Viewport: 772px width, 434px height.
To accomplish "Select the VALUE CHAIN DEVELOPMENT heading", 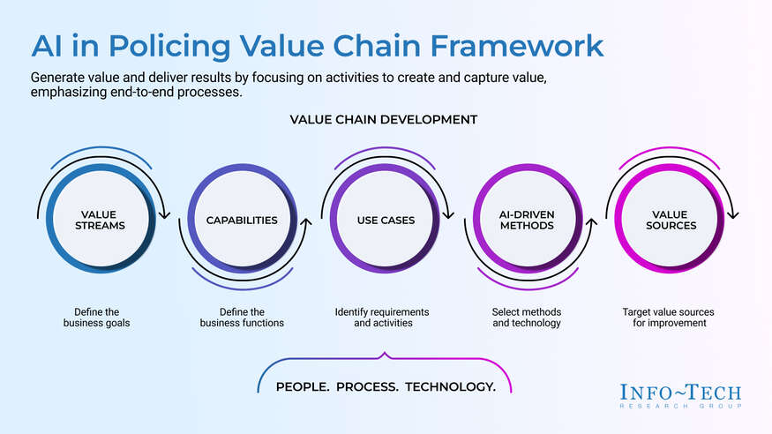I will pos(384,119).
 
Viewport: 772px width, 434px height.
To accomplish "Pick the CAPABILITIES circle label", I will pos(243,220).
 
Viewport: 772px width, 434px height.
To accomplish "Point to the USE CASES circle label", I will pos(386,220).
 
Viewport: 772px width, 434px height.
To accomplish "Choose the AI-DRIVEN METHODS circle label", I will pos(526,220).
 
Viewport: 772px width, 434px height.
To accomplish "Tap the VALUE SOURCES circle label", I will pos(670,220).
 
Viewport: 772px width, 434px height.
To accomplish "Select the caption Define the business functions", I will pos(243,318).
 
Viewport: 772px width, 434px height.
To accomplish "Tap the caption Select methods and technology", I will pos(526,318).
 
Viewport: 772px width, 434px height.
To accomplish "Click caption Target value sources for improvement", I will pos(668,318).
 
